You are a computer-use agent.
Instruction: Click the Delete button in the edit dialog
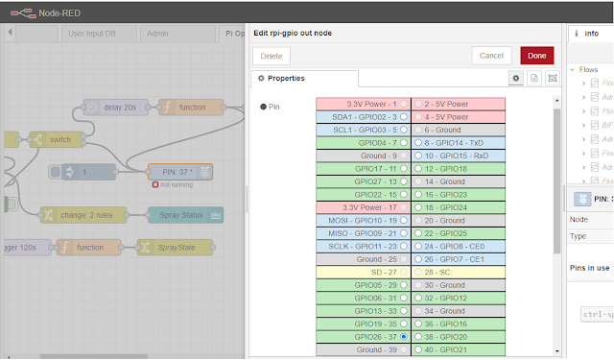click(272, 56)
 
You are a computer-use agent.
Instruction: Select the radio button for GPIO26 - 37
click(404, 338)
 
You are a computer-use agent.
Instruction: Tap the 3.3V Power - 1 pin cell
click(362, 104)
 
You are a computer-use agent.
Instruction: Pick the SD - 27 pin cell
click(362, 272)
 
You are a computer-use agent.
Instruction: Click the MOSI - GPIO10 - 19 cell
click(362, 220)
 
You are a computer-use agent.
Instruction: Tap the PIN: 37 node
click(181, 172)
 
